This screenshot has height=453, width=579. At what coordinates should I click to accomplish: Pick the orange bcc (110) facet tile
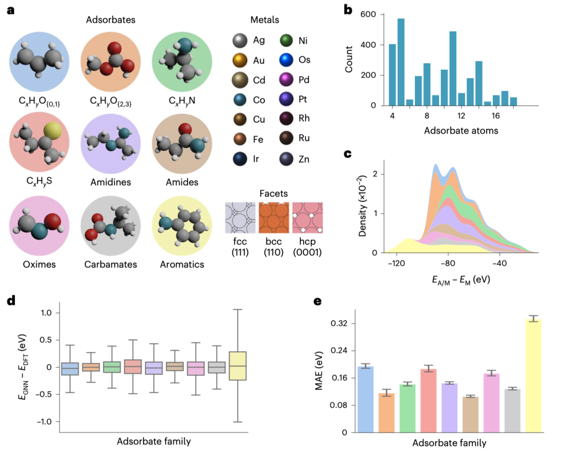(x=273, y=217)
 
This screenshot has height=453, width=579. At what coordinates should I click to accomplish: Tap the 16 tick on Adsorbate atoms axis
(x=495, y=115)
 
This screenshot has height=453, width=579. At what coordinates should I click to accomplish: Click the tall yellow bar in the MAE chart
(x=533, y=375)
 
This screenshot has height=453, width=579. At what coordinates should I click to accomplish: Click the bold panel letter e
(x=317, y=301)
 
